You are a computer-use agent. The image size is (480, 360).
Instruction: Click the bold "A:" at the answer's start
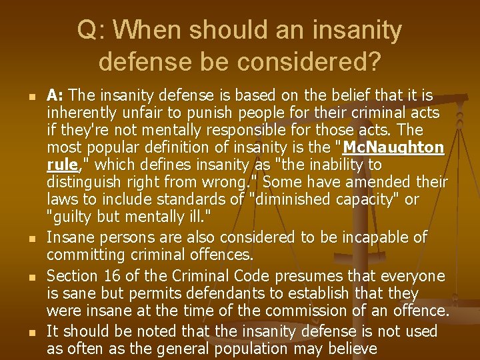[x=55, y=95]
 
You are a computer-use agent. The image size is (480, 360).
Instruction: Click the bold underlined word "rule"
[x=61, y=165]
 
